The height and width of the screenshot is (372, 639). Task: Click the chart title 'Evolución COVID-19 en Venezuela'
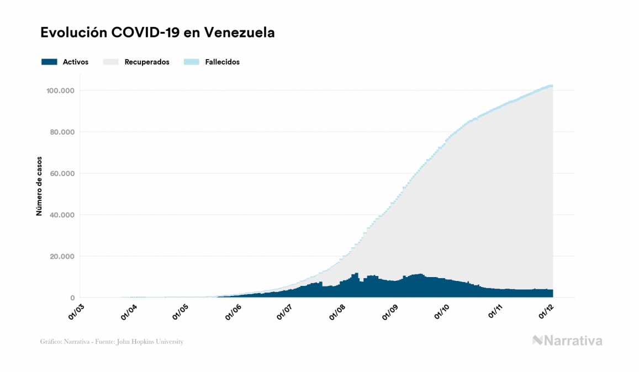(x=157, y=33)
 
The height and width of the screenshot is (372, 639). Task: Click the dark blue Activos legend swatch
(x=49, y=62)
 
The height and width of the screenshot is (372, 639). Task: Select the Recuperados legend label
(x=147, y=62)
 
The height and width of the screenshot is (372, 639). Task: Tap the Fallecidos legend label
(x=222, y=62)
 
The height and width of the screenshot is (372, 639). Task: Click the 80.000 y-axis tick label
(x=62, y=132)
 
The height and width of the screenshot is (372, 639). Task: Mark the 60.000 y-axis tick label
(x=62, y=173)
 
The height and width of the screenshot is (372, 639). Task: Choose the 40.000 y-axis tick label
(x=62, y=215)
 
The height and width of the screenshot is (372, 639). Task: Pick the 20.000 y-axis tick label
(x=62, y=256)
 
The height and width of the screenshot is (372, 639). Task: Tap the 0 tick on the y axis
(x=72, y=297)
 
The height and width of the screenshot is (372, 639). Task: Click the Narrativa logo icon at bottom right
(x=537, y=341)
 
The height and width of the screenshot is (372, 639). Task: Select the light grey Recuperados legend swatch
(x=110, y=62)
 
